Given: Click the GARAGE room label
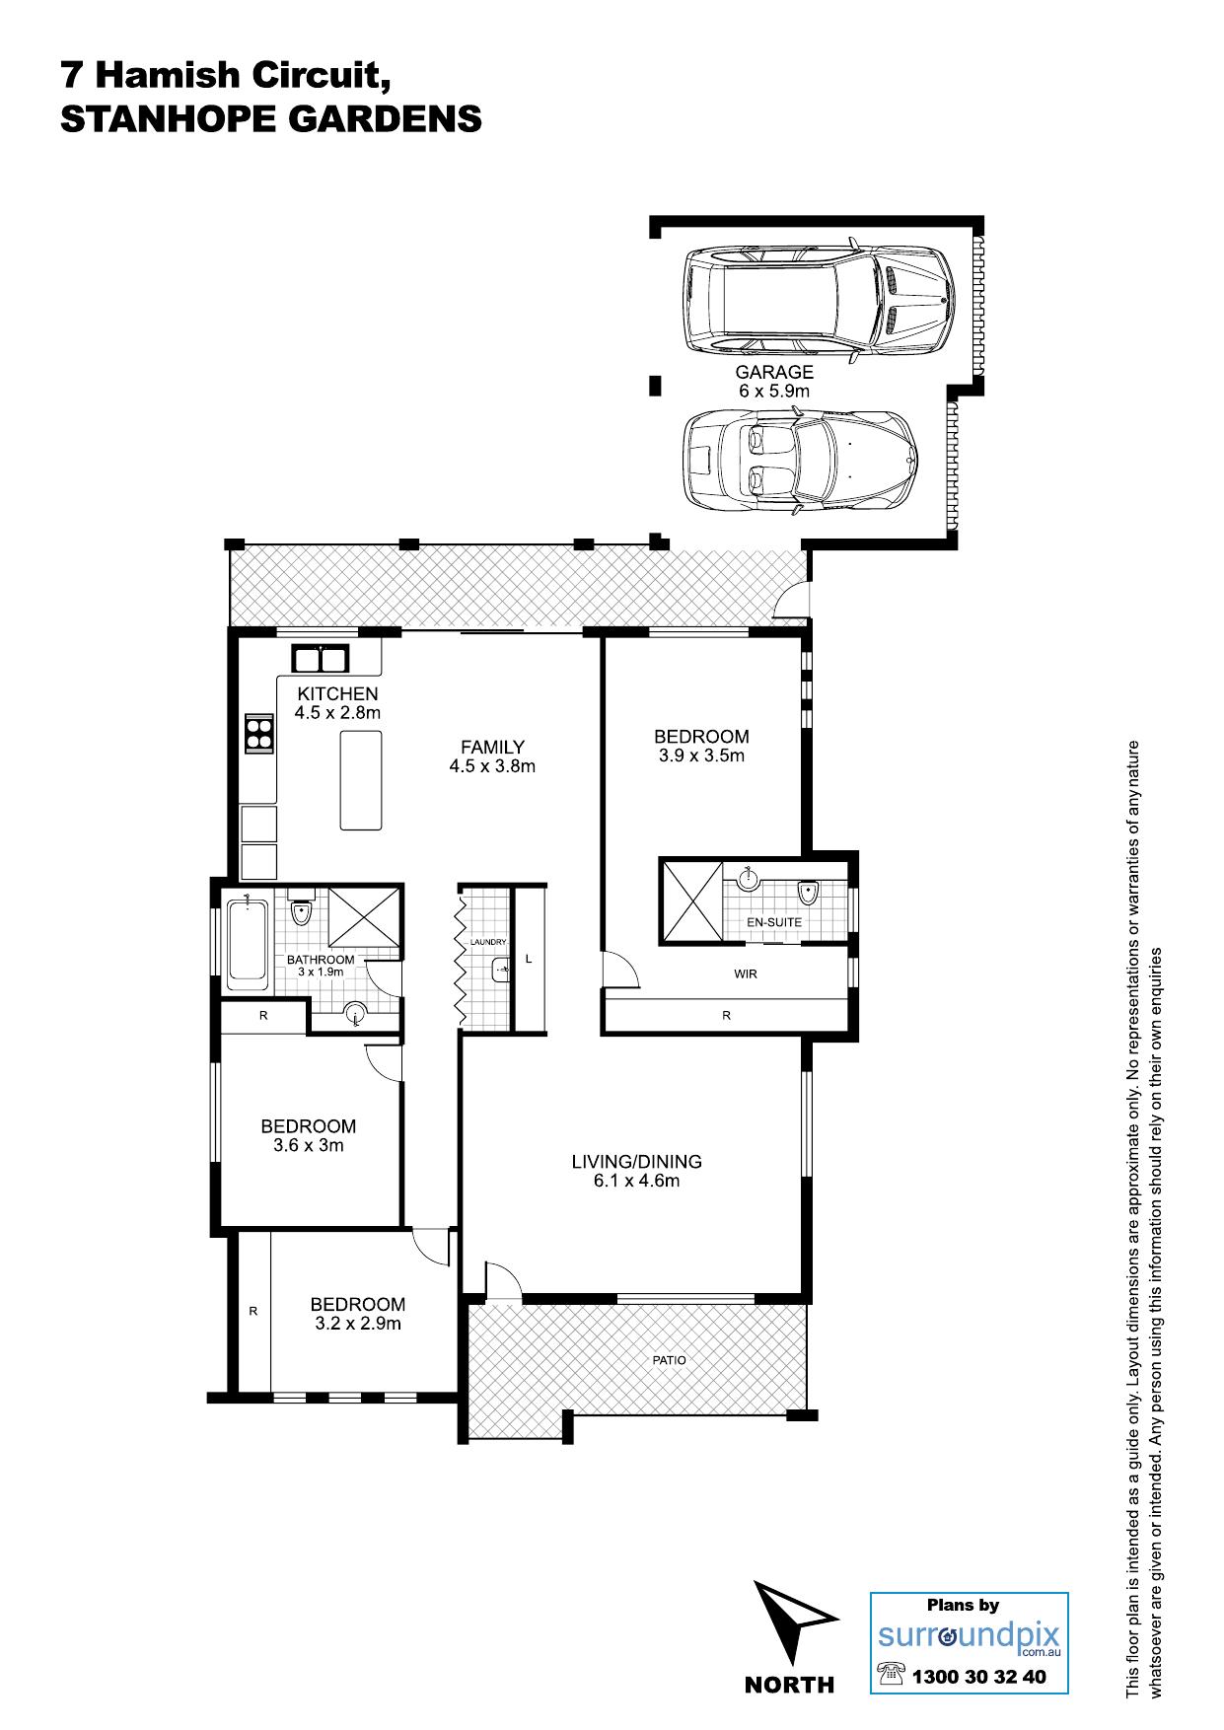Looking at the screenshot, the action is (x=774, y=373).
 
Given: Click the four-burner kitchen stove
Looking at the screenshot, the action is (x=258, y=733).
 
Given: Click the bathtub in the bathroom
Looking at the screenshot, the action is (x=247, y=945).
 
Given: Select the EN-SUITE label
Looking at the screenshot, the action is (x=773, y=922).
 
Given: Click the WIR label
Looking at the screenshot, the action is (x=746, y=973).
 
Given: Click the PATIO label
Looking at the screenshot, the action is (x=669, y=1360).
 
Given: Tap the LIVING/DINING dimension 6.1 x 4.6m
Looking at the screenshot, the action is (x=636, y=1181).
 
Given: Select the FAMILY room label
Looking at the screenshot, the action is (x=492, y=748).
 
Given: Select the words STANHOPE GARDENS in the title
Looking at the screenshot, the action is (x=271, y=119).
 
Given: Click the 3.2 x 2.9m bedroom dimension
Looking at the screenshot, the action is (x=358, y=1324).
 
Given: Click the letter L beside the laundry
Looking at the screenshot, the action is (x=529, y=958).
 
